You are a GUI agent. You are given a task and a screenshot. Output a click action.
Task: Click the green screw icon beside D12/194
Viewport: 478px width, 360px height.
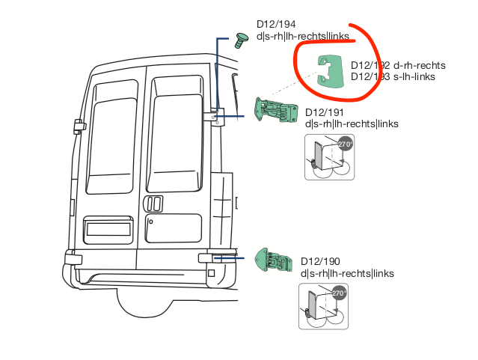click(x=242, y=40)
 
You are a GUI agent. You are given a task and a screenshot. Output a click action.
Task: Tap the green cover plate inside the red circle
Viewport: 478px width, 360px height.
click(x=328, y=72)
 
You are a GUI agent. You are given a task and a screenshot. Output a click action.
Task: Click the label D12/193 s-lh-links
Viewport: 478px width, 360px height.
click(x=393, y=76)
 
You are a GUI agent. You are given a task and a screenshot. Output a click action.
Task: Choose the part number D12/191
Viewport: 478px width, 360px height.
click(x=322, y=113)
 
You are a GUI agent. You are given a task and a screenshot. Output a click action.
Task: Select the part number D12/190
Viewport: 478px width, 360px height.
click(x=320, y=262)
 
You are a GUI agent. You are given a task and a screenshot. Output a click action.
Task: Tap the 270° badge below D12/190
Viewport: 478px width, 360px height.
click(x=339, y=293)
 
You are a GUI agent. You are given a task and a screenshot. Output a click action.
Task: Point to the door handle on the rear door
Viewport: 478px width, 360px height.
click(x=153, y=204)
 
